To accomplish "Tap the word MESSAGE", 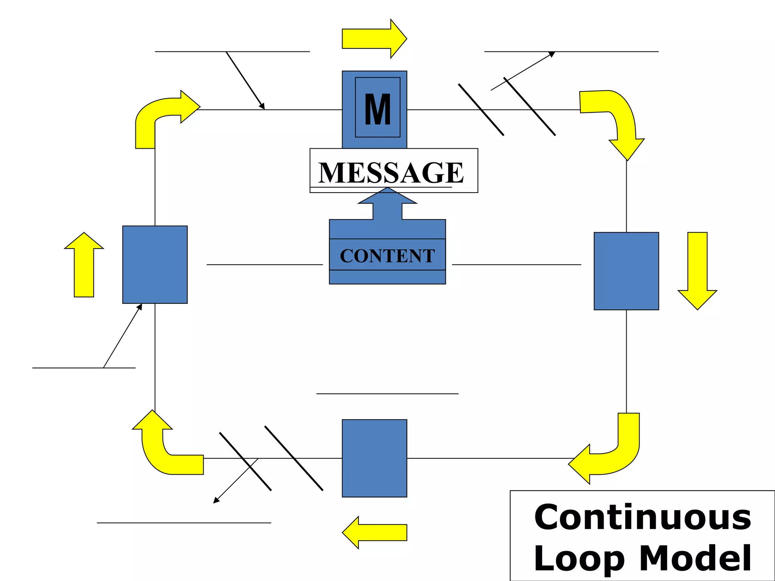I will (391, 172).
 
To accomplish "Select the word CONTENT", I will (387, 256).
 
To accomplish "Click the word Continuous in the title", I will (642, 517).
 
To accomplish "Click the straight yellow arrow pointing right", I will (373, 39).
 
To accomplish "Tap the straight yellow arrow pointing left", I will (375, 532).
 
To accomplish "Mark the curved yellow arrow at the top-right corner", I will (617, 117).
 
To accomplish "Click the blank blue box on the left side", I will (155, 264).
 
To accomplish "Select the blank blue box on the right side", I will (626, 271).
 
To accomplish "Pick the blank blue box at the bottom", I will (374, 458).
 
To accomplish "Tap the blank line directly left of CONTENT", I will (265, 264).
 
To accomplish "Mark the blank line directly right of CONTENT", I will (517, 264).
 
